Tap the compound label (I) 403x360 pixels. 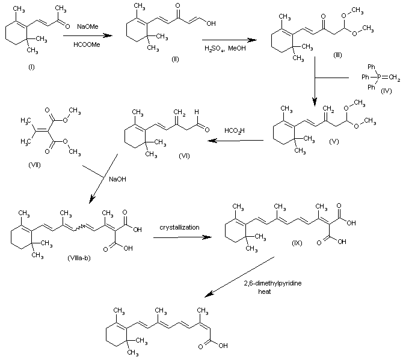pos(31,66)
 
